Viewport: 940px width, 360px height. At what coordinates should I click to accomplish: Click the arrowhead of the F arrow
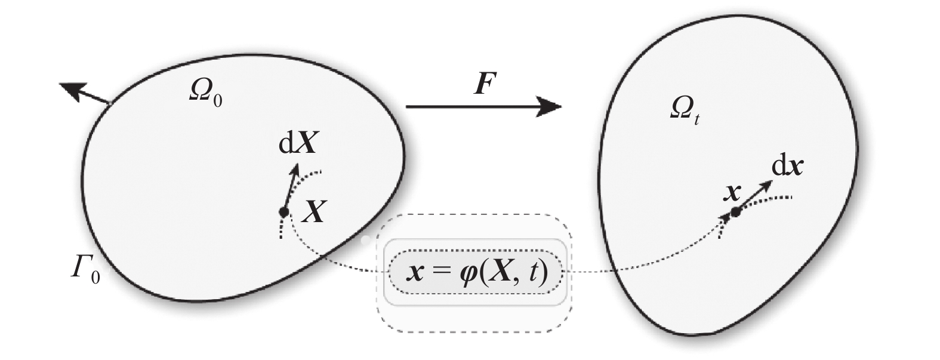tap(550, 107)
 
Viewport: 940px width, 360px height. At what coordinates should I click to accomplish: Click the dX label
tap(298, 144)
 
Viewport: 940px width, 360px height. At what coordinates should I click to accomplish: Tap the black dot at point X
tap(284, 212)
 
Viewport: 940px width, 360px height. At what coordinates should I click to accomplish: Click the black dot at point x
tap(735, 211)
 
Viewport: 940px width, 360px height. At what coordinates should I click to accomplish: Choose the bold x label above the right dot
tap(732, 192)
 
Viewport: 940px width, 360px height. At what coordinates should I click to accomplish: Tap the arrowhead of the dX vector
tap(295, 169)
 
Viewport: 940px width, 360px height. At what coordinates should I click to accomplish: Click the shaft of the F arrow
tap(471, 107)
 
